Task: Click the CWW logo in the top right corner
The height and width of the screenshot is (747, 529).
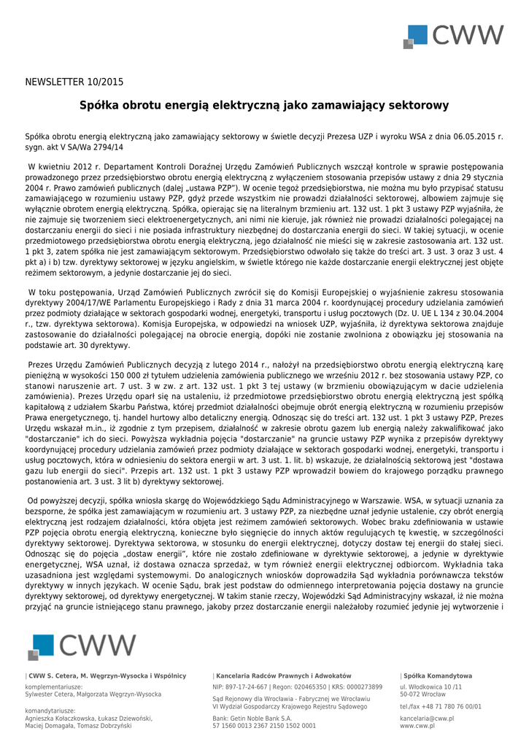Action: click(x=455, y=36)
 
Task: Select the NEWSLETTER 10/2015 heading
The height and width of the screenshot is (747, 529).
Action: click(x=74, y=82)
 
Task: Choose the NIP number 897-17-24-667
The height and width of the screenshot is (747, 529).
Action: click(x=241, y=687)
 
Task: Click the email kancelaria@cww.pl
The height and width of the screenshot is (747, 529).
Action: click(x=427, y=719)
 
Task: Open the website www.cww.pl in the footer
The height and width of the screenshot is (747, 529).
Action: click(x=417, y=727)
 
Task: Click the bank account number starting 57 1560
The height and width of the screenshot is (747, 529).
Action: click(x=264, y=727)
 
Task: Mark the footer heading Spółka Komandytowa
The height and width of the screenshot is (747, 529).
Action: click(x=437, y=676)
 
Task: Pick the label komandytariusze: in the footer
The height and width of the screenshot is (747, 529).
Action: click(x=50, y=711)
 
